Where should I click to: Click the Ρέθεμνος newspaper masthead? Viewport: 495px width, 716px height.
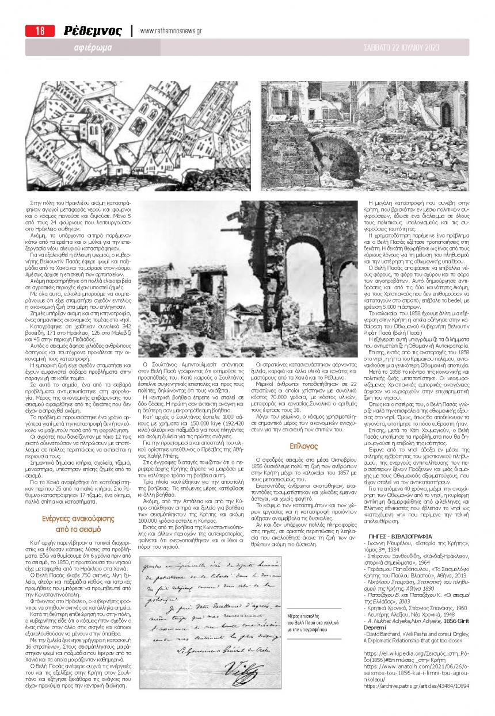click(92, 31)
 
